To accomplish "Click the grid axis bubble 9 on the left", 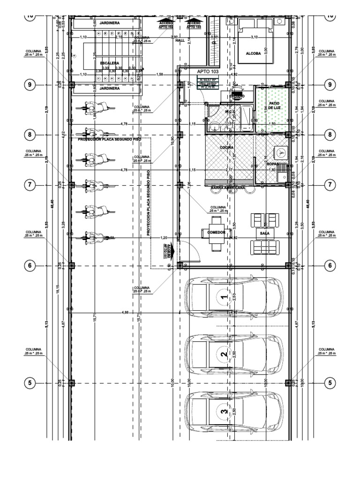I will (30, 85).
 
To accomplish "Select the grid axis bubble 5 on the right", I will (330, 382).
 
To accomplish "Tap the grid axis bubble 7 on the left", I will (30, 185).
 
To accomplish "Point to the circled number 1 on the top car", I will (224, 297).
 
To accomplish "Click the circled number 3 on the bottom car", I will (224, 411).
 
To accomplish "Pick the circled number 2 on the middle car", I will (224, 355).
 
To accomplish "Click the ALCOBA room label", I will (253, 53).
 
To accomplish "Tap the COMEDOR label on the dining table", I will (217, 232).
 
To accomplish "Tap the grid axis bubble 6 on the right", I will (330, 265).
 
